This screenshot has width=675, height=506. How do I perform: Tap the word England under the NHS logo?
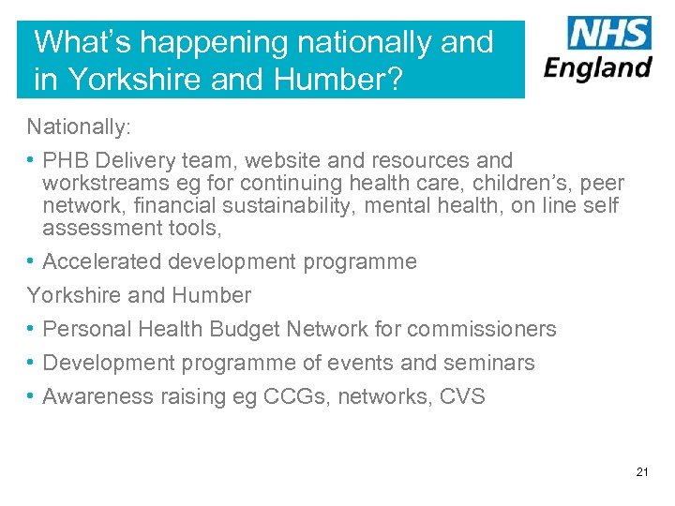coord(598,68)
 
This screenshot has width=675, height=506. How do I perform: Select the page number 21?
coord(642,471)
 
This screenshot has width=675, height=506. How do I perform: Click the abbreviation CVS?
coord(463,396)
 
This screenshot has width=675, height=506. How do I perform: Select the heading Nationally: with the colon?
coord(72,126)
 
